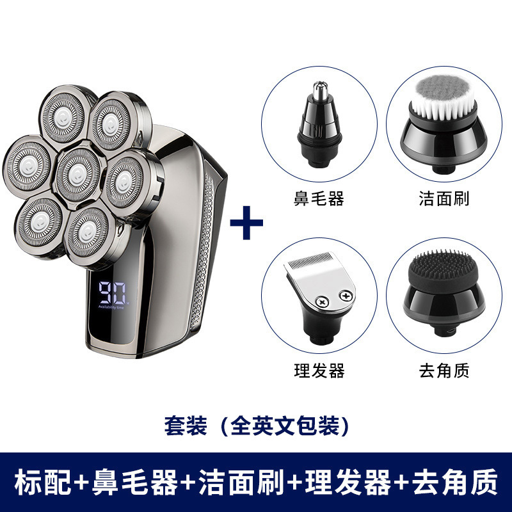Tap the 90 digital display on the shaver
click(111, 293)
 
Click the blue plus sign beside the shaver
click(246, 223)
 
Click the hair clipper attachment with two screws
click(317, 295)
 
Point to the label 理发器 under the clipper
click(319, 371)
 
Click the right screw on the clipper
click(346, 296)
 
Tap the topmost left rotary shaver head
click(62, 116)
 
